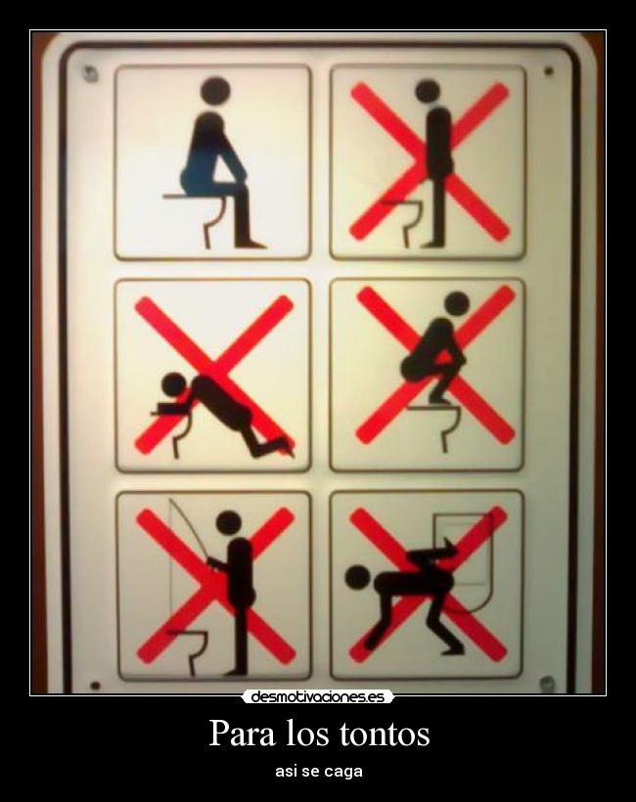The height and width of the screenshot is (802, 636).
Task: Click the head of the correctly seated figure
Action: pyautogui.click(x=214, y=91)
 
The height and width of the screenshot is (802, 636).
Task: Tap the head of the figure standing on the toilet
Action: pyautogui.click(x=428, y=91)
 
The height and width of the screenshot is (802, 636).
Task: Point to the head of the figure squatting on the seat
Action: pyautogui.click(x=457, y=303)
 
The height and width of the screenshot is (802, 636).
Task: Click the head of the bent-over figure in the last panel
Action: pyautogui.click(x=357, y=577)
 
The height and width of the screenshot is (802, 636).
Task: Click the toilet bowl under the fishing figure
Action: pyautogui.click(x=190, y=646)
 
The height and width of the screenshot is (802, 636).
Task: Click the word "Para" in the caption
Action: pyautogui.click(x=242, y=733)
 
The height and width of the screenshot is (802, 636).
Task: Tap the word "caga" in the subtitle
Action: pyautogui.click(x=344, y=771)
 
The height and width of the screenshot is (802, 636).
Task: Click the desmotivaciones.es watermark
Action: pyautogui.click(x=318, y=697)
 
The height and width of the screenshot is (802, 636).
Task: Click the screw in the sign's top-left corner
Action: pyautogui.click(x=90, y=73)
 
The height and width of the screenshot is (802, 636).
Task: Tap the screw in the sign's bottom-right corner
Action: pyautogui.click(x=547, y=682)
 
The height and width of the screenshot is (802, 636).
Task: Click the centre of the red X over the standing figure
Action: pyautogui.click(x=430, y=161)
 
